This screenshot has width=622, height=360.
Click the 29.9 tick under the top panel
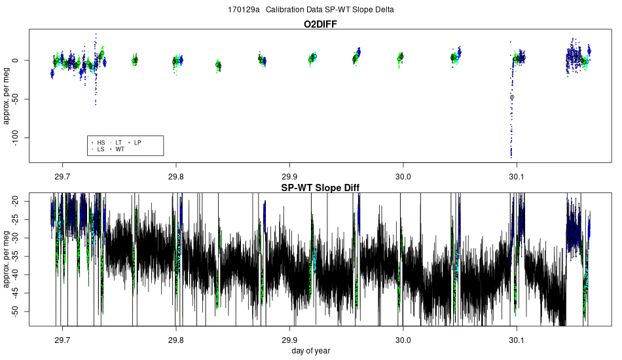[x=289, y=177]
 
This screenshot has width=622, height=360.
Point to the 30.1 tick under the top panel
[x=517, y=177]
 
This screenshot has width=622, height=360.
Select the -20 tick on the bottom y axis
[x=20, y=202]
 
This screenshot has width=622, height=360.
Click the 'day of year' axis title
[x=311, y=351]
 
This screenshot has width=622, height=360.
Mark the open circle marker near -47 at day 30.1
[x=512, y=97]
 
